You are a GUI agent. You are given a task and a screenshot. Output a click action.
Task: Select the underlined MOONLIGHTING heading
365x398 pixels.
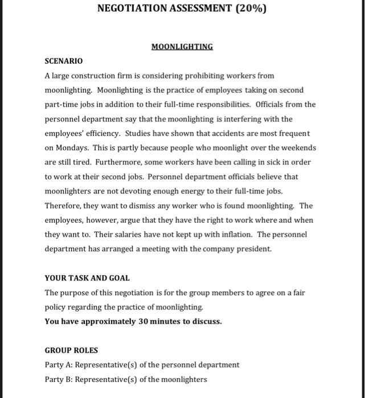(182, 47)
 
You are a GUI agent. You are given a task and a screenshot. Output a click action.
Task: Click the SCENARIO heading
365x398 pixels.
(64, 61)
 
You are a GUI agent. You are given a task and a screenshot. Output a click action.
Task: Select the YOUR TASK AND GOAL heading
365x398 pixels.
(87, 278)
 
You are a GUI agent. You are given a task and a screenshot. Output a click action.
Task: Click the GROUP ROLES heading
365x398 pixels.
(71, 350)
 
